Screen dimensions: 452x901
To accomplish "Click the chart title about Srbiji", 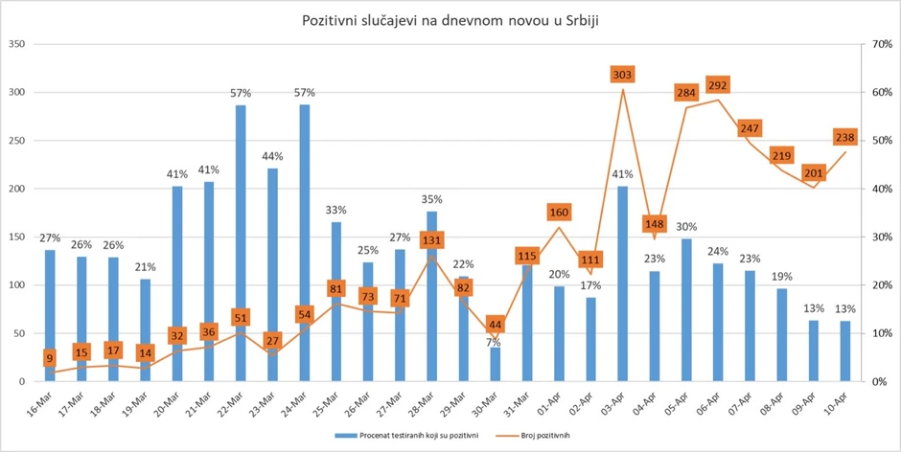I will coord(450,20).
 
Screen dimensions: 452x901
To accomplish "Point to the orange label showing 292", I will coord(719,84).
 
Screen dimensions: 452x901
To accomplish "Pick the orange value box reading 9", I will coord(49,359).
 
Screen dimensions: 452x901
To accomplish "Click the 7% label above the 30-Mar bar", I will coord(496,342).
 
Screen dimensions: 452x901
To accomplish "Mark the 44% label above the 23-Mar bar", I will coord(272,156).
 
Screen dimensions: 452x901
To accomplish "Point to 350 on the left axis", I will coord(17,44).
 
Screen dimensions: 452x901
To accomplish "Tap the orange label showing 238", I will coord(845,137).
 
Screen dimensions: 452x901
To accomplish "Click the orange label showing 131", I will coord(431,240).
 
